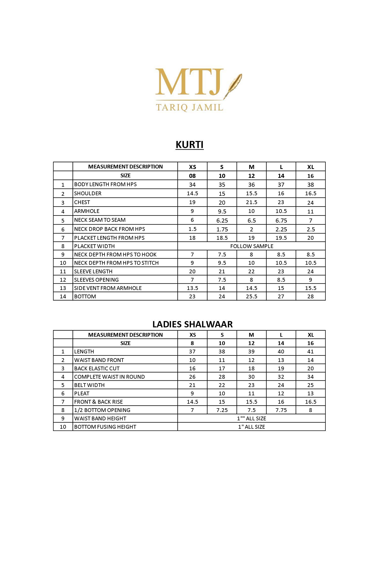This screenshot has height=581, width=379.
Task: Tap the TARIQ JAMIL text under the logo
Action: tap(189, 107)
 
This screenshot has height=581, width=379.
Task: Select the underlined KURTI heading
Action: tap(189, 145)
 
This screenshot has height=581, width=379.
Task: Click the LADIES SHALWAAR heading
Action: tap(192, 324)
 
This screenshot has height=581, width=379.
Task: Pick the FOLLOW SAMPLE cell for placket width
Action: tap(252, 246)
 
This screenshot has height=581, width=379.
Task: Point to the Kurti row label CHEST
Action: tap(82, 202)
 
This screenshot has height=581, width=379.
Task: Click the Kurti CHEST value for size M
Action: tap(251, 202)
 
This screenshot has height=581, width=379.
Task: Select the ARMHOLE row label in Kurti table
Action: tap(87, 211)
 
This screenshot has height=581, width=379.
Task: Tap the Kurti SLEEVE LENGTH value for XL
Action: tap(311, 272)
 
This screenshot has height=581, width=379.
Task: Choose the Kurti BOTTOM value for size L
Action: tap(281, 297)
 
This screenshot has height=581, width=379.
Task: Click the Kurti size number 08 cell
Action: tap(192, 176)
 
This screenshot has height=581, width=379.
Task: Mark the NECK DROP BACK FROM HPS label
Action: tap(109, 229)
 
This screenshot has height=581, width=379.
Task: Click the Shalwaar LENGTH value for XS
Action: tap(192, 352)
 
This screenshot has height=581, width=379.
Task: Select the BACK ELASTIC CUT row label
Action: tap(97, 368)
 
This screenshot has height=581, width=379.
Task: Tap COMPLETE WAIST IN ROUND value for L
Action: tap(281, 377)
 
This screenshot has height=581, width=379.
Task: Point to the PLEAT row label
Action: tap(82, 394)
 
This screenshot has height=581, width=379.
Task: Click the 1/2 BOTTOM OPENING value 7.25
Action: tap(222, 410)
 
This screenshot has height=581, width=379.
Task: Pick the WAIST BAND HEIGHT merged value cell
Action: tap(252, 419)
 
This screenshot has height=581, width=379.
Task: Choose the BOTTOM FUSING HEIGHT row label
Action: tap(105, 427)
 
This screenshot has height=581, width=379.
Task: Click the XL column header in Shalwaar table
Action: tap(311, 335)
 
